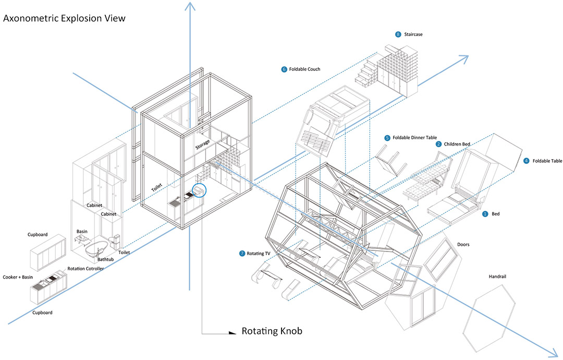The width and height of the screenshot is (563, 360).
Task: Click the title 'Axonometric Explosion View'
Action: pos(65,18)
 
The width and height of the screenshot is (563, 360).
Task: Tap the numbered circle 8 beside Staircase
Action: pos(398,34)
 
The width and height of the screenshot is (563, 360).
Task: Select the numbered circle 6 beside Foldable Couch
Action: pos(284,69)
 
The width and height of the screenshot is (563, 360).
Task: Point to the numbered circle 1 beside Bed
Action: pos(485,214)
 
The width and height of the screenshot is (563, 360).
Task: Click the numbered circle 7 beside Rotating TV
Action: pos(242,254)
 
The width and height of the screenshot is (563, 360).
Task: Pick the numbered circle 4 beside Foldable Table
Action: pos(526,161)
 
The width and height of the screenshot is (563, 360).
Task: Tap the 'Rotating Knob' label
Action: pos(272,331)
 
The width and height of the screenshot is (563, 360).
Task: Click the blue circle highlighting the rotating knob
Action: pos(200,191)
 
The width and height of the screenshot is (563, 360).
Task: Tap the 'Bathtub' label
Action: pos(106,259)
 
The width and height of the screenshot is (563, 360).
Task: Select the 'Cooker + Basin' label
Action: pos(18,277)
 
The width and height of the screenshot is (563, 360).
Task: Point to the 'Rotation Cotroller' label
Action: pos(85,269)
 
